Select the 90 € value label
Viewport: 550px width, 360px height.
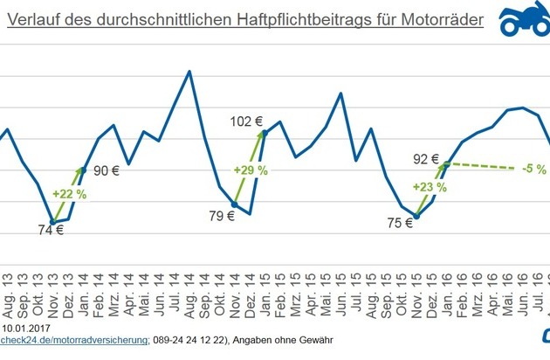click(106, 171)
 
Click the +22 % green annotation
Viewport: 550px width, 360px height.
click(69, 194)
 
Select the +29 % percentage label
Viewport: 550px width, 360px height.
click(251, 170)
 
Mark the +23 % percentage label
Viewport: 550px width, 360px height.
click(430, 187)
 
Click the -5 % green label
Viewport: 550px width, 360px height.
click(528, 169)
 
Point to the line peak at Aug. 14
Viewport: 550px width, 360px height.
click(190, 71)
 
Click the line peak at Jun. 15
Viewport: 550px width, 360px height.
click(340, 93)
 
